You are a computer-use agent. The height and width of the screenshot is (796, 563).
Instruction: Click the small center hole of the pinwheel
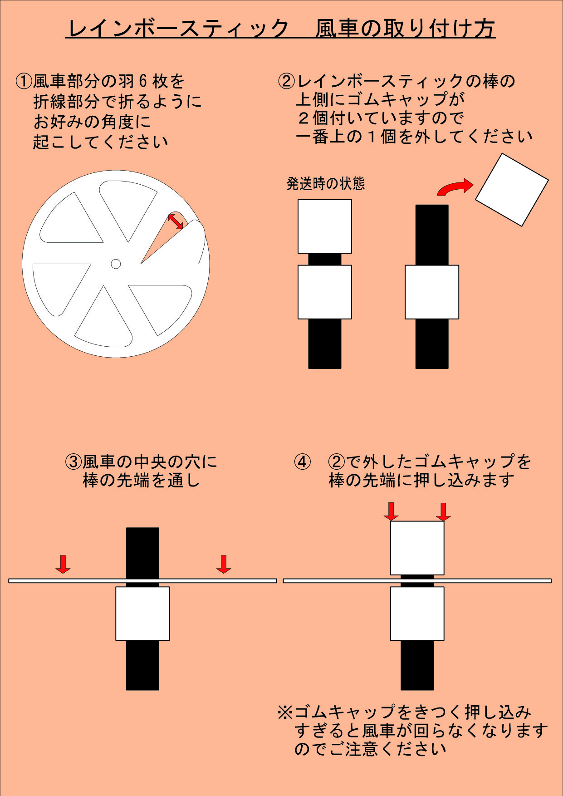(116, 264)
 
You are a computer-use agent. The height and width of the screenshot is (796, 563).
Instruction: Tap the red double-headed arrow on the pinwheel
(176, 221)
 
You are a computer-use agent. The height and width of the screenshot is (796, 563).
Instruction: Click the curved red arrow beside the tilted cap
(455, 187)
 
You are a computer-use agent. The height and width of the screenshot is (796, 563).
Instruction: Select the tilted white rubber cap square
(512, 190)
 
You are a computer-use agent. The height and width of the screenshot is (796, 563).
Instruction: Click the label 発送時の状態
(325, 183)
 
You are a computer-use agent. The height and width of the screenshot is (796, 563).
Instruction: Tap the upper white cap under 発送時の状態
(324, 226)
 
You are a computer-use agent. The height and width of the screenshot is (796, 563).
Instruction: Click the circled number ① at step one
(24, 82)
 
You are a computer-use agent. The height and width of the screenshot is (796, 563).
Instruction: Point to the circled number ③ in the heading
(73, 462)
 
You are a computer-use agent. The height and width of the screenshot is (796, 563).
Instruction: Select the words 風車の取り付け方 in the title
(405, 28)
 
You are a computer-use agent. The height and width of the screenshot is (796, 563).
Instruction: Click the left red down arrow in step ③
(63, 564)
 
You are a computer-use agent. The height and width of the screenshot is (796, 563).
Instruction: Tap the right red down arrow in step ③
(223, 564)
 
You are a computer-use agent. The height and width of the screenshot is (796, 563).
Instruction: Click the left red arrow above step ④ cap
(391, 511)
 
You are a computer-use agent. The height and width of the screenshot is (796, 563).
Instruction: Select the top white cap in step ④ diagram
(417, 548)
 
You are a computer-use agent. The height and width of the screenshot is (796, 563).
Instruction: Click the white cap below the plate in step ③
(142, 614)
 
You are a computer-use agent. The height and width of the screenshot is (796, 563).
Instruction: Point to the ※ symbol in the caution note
(285, 712)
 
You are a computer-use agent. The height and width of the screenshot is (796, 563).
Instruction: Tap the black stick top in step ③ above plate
(142, 551)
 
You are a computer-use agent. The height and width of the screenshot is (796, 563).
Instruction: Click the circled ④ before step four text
(303, 462)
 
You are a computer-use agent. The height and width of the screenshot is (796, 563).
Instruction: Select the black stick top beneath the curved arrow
(432, 234)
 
